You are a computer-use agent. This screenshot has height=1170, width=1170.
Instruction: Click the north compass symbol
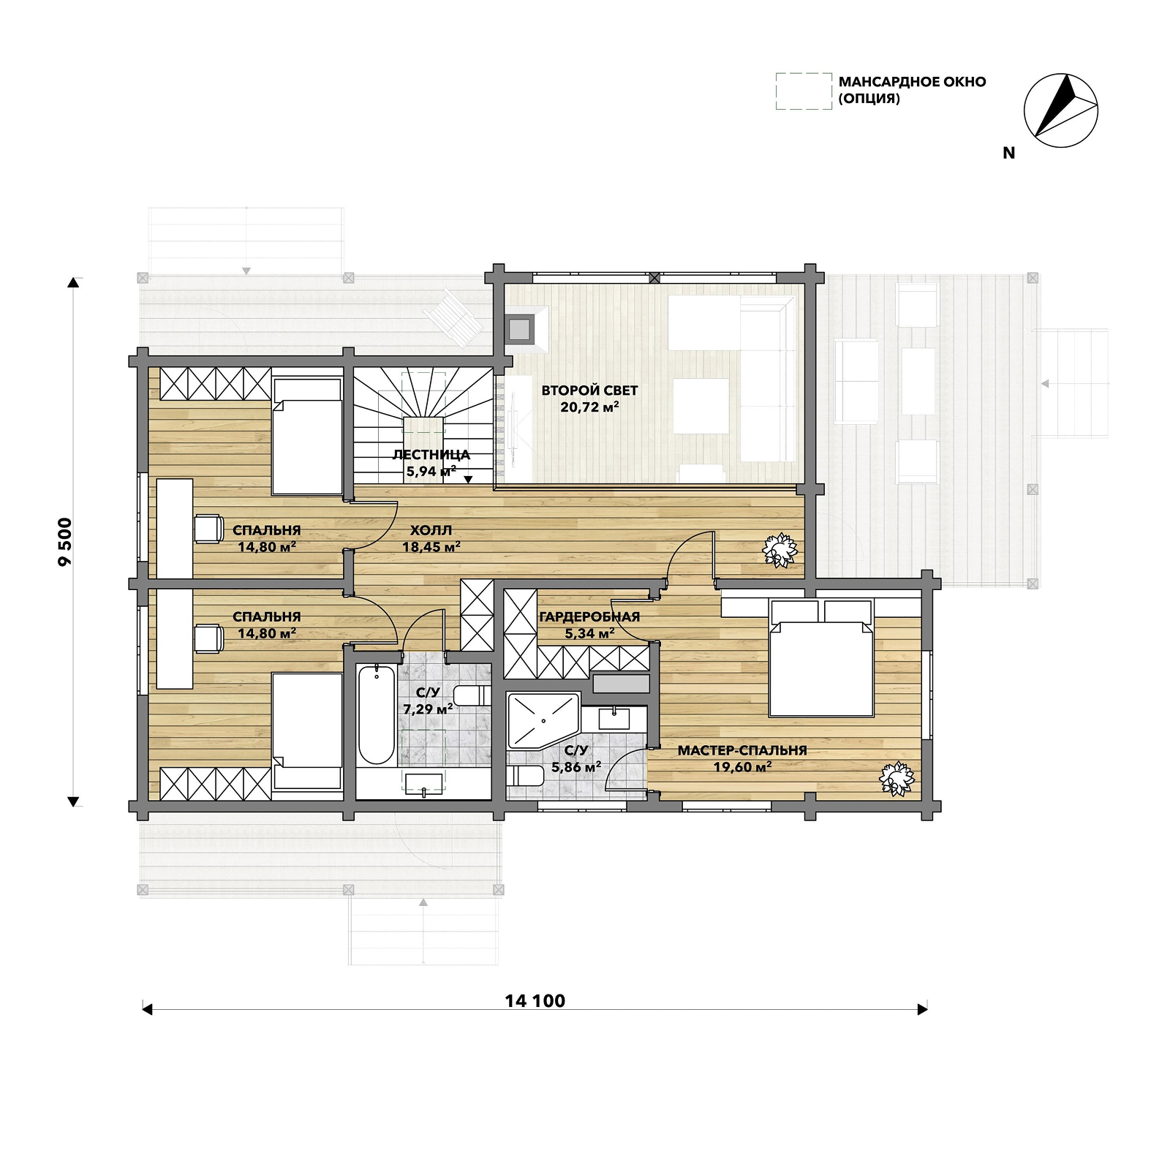[x=1060, y=110]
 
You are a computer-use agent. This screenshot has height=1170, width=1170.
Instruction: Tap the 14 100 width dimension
[x=535, y=1001]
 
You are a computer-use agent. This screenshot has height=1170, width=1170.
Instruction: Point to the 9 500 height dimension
[x=65, y=542]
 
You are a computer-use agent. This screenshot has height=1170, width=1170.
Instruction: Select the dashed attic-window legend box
[x=804, y=91]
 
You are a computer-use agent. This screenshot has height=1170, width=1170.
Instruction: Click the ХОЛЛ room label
[x=431, y=530]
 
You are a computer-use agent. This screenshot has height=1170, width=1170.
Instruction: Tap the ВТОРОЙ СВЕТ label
[x=589, y=390]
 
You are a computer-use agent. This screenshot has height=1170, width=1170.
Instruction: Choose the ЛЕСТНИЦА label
[x=431, y=454]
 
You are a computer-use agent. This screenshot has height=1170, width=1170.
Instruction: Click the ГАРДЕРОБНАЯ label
[x=589, y=616]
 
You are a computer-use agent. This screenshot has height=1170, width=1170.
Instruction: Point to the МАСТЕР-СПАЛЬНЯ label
[x=742, y=750]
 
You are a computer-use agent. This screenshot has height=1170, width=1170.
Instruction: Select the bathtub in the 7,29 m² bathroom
[x=377, y=714]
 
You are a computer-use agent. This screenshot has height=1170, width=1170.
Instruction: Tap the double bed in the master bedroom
[x=821, y=658]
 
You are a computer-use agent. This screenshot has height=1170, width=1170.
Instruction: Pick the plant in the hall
[x=780, y=550]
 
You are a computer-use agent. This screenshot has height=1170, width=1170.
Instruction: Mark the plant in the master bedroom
[x=897, y=778]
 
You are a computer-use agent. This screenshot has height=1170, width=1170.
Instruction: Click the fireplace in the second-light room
[x=520, y=330]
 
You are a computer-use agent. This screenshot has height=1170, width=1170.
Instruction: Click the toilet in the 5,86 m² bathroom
[x=525, y=775]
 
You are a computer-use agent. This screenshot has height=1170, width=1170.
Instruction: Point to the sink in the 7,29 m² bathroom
[x=424, y=783]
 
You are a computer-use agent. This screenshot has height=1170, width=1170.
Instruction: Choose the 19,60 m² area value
[x=742, y=767]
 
